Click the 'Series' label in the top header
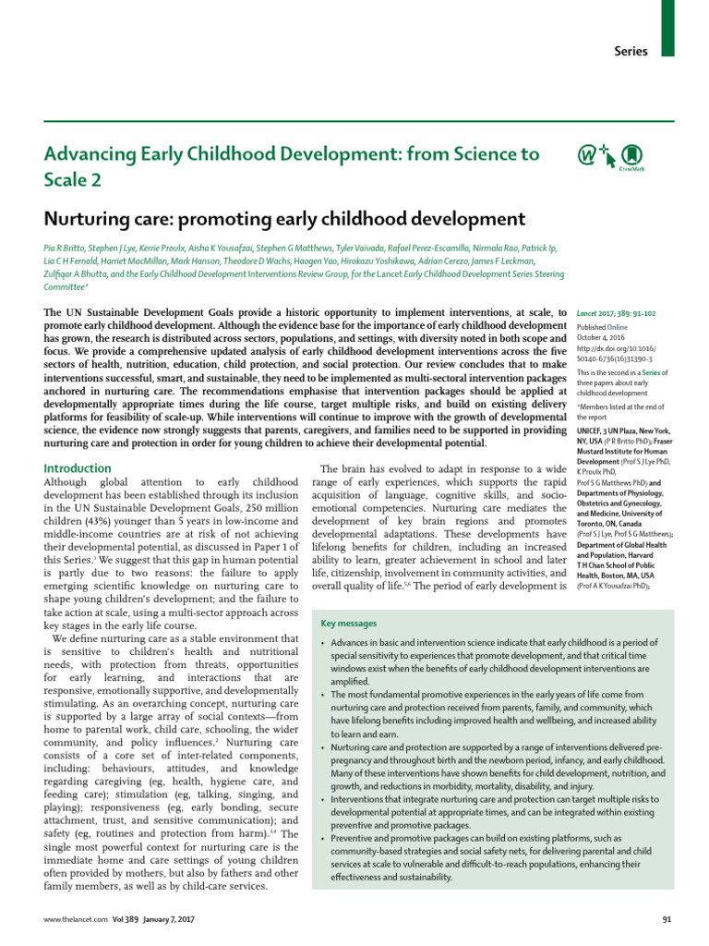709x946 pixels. coord(631,52)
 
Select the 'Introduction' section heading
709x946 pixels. coord(78,468)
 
